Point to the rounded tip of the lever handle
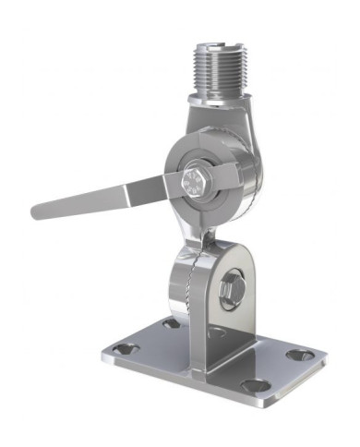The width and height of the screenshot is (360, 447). click(x=38, y=211)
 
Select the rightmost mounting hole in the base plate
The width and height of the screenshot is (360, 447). click(x=297, y=355)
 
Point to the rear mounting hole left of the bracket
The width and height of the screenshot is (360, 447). click(x=171, y=323)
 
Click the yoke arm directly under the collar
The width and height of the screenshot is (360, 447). click(x=231, y=125)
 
